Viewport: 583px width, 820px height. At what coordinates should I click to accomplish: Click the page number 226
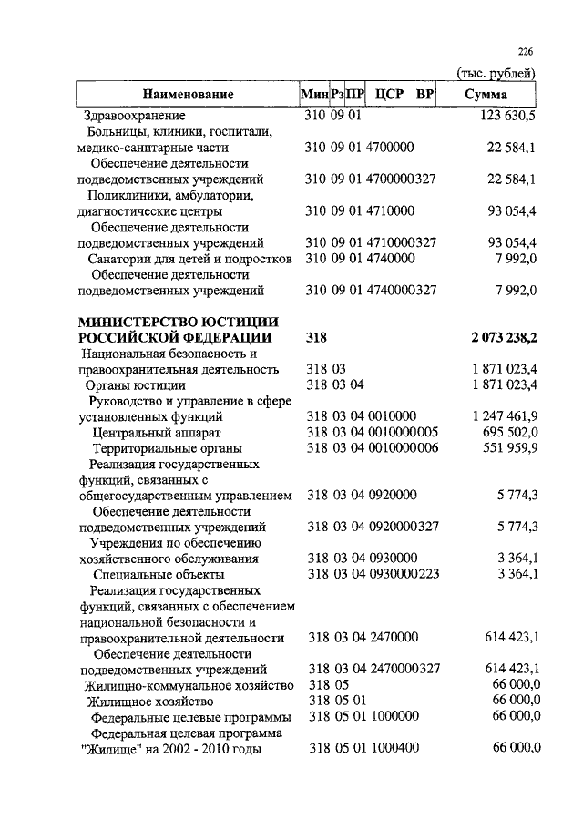pyautogui.click(x=526, y=51)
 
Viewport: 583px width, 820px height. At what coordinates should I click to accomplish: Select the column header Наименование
pyautogui.click(x=188, y=94)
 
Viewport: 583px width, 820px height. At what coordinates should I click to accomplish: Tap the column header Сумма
pyautogui.click(x=486, y=94)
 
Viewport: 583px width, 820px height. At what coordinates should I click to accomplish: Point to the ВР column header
pyautogui.click(x=424, y=94)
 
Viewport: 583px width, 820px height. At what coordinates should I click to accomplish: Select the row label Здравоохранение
pyautogui.click(x=134, y=116)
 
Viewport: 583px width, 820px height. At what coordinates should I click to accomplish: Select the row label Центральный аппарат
pyautogui.click(x=157, y=432)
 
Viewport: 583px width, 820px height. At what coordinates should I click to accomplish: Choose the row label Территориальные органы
pyautogui.click(x=167, y=448)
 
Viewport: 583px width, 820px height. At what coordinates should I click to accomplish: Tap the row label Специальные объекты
pyautogui.click(x=159, y=574)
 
